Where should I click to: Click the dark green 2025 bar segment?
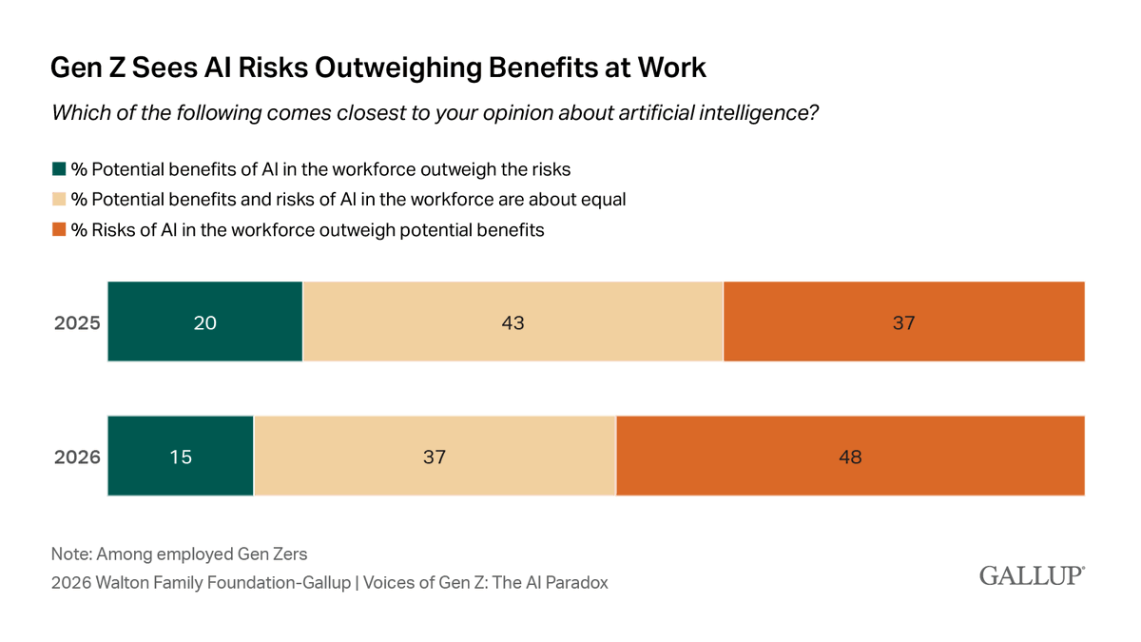click(205, 321)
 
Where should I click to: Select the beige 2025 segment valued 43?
click(512, 321)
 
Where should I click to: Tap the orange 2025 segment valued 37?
click(903, 321)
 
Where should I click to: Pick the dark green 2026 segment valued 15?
click(181, 456)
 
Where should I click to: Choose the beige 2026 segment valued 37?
click(435, 456)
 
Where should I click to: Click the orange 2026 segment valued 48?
click(850, 456)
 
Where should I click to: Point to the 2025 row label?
click(76, 322)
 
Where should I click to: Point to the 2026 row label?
click(76, 457)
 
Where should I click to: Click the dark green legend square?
click(59, 170)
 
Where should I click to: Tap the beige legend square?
click(59, 200)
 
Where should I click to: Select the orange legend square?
click(59, 229)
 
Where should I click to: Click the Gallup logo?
click(1032, 576)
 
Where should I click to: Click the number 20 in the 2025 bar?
click(205, 322)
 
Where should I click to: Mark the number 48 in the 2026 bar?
click(850, 457)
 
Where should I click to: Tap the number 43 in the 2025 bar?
click(512, 322)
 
